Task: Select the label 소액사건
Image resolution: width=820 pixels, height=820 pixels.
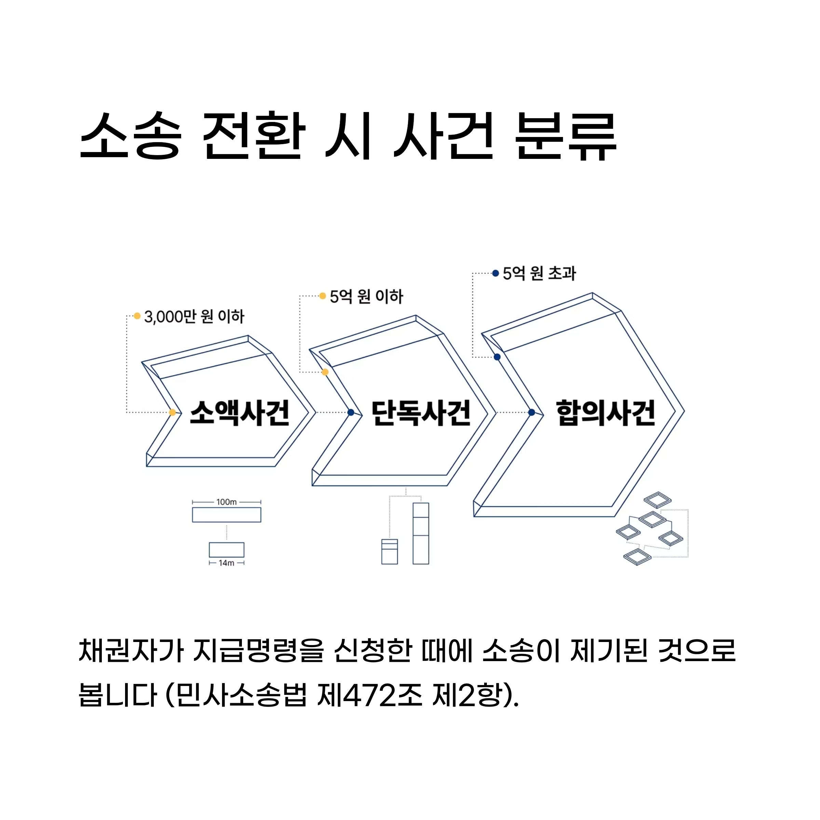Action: click(x=240, y=412)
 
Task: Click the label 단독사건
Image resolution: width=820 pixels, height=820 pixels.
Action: click(x=421, y=412)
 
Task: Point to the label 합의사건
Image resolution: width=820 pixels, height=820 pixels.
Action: click(x=606, y=412)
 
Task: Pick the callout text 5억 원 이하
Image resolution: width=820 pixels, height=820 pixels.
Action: click(x=366, y=296)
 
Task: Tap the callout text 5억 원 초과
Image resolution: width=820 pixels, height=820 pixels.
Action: click(x=539, y=273)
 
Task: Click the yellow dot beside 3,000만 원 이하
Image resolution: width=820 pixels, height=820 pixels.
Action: click(x=137, y=316)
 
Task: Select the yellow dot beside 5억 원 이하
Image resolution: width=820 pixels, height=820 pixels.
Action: click(x=323, y=296)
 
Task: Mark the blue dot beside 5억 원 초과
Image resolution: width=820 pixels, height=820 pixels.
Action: click(x=495, y=273)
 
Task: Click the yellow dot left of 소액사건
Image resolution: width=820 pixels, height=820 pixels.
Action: click(x=172, y=412)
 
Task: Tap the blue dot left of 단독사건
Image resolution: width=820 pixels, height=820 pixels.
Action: click(x=351, y=412)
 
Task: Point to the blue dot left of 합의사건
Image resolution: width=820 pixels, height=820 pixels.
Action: click(x=531, y=412)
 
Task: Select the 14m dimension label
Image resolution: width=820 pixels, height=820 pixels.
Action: click(x=226, y=563)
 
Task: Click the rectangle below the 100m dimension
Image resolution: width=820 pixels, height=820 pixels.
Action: click(x=226, y=515)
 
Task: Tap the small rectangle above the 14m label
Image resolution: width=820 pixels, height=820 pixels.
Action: click(x=226, y=550)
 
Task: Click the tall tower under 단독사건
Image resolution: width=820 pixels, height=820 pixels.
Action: click(x=421, y=533)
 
